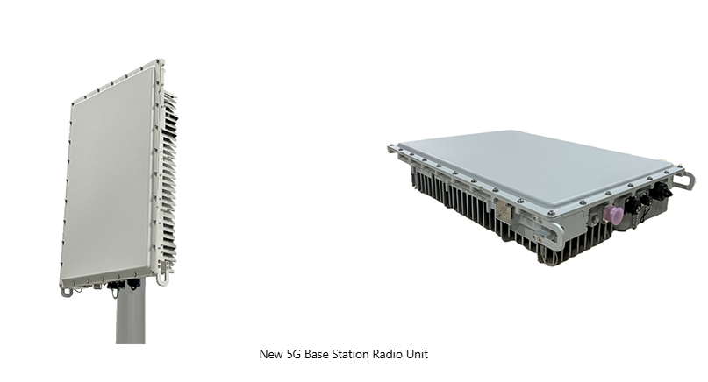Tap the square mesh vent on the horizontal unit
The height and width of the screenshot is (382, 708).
[x=503, y=209]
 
